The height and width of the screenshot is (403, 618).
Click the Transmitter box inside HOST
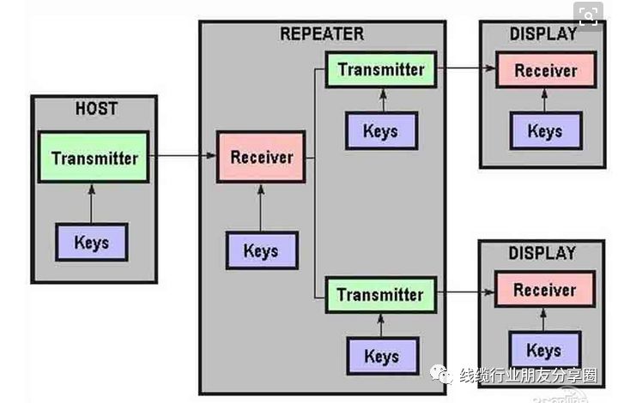pos(94,157)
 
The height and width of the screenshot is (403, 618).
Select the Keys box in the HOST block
pos(91,242)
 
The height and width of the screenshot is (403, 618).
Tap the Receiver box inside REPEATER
pos(261,157)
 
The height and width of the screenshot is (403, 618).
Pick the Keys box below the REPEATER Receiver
pos(261,250)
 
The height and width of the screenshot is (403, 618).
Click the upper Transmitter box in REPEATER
pos(381,69)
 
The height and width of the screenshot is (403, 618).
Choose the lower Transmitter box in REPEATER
pos(380,294)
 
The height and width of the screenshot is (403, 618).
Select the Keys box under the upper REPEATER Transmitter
pos(380,130)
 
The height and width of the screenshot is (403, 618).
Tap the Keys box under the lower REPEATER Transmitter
pos(381,356)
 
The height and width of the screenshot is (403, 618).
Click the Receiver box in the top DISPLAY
pos(544,70)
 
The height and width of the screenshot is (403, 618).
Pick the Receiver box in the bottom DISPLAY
pos(543,289)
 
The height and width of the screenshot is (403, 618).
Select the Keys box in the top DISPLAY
pos(544,131)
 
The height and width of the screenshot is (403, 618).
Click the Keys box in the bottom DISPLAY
pos(543,350)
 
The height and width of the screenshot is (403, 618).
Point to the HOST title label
pos(96,109)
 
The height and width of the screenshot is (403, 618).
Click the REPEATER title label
pos(322,34)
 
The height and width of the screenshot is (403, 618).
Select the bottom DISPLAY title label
pos(543,254)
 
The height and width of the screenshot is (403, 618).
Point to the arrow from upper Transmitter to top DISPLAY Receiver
pos(466,68)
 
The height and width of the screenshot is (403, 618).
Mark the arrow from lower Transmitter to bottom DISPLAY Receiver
pos(466,293)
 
